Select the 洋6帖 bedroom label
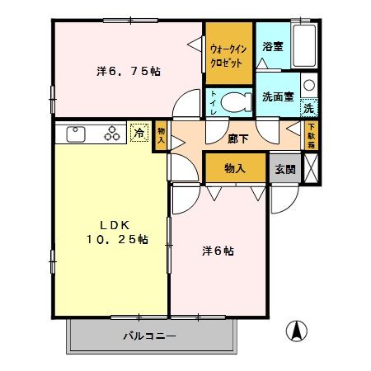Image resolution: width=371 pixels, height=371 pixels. coord(218,251)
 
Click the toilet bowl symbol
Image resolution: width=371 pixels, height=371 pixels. coord(239,102)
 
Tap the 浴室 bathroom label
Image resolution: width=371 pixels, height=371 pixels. coord(272,46)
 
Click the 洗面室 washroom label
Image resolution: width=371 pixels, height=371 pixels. coord(277,96)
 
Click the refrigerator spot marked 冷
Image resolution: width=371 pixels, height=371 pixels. coord(139,132)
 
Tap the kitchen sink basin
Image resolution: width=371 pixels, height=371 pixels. coord(73,134)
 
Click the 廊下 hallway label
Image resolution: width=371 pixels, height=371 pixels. coord(238,138)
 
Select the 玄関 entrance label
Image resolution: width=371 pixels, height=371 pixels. coord(285,168)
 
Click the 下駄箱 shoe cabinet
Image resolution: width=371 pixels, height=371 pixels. coord(312,136)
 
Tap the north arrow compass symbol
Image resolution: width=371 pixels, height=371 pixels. coord(296,331)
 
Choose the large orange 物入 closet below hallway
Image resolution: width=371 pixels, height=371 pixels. coord(235,167)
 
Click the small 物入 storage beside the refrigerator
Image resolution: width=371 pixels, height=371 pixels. coord(160,136)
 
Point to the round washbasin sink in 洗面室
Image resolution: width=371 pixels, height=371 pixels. coord(308,85)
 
